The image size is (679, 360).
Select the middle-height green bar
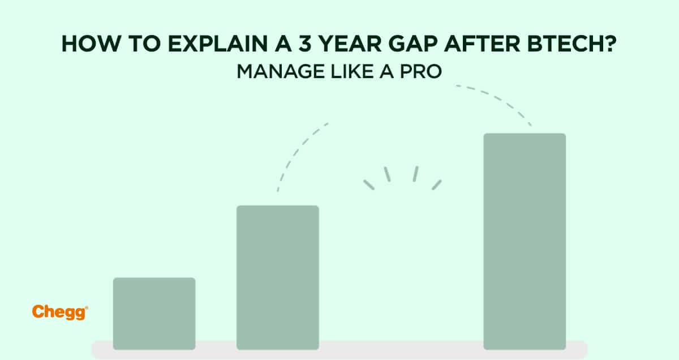click(277, 277)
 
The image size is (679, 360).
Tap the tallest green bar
click(525, 241)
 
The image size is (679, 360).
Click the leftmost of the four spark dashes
click(369, 185)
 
